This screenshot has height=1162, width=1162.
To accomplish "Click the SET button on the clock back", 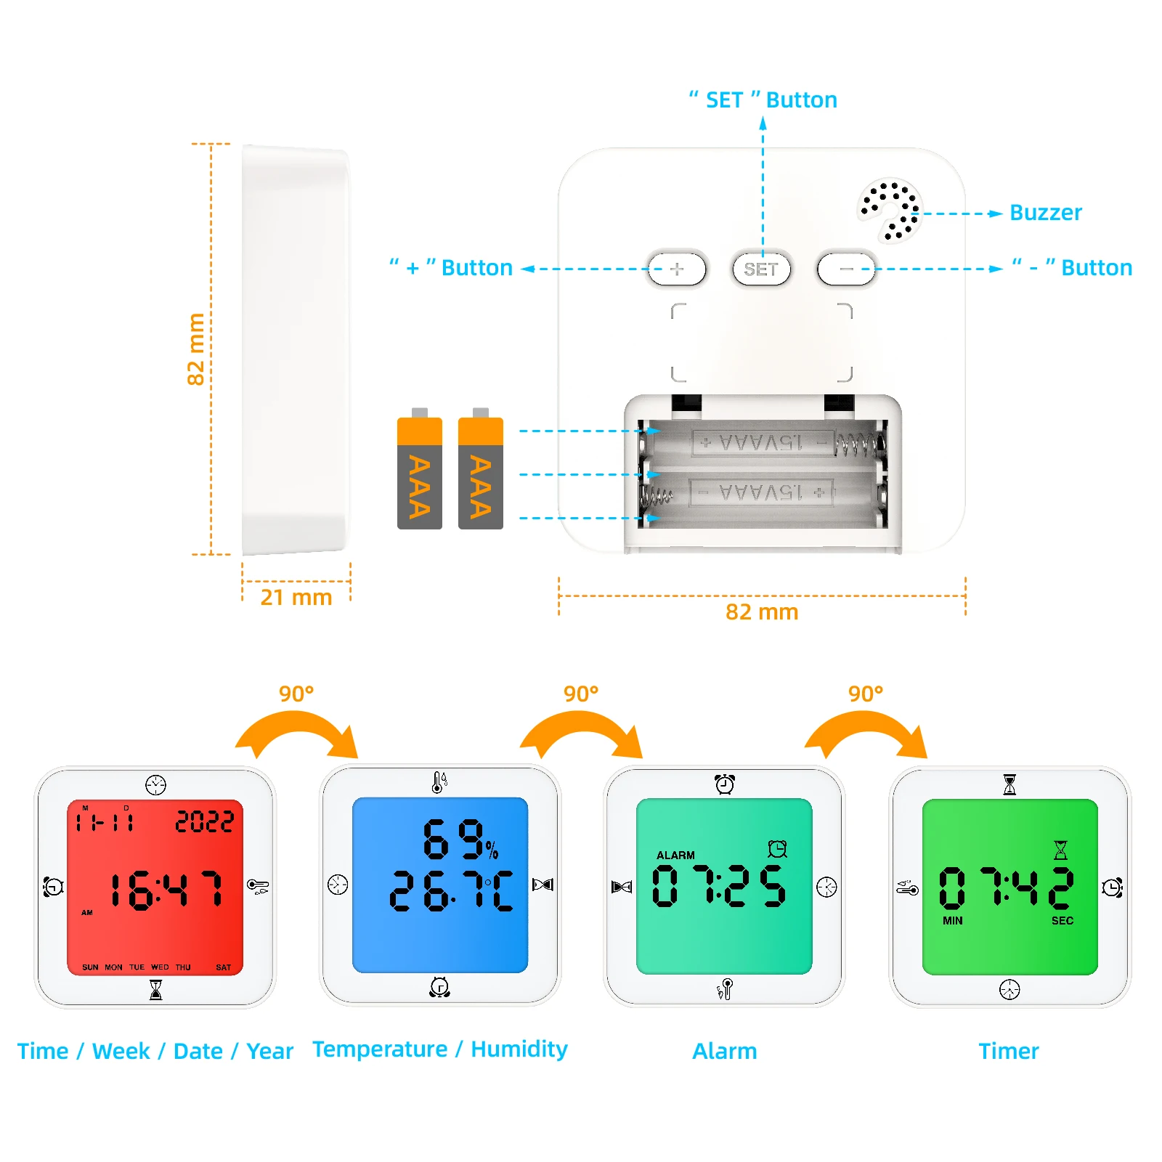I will (x=760, y=269).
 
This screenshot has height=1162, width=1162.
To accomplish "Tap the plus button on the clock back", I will (x=676, y=269).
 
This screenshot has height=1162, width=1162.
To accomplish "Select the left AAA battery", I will (x=419, y=473).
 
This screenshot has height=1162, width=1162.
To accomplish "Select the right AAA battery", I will (x=480, y=473).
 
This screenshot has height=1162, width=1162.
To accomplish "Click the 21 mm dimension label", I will (x=296, y=598).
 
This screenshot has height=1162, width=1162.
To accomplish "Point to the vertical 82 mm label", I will (x=196, y=349).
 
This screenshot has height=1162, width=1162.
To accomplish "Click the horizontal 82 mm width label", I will (x=761, y=612).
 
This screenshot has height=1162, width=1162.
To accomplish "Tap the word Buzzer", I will (x=1045, y=213).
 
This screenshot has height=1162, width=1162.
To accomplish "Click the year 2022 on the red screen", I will (x=204, y=821).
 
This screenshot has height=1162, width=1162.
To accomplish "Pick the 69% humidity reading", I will (x=459, y=840).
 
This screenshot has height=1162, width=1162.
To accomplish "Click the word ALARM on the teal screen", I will (x=675, y=856).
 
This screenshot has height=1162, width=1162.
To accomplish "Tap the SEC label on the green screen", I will (x=1062, y=921).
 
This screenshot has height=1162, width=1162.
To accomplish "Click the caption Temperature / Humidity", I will (x=440, y=1049).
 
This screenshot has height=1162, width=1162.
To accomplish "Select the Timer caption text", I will (x=1008, y=1051).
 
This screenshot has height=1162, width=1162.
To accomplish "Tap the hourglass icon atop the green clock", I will (x=1009, y=784).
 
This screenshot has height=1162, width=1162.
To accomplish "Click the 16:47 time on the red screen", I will (x=166, y=890).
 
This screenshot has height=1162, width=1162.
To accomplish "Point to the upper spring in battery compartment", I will (x=857, y=442).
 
